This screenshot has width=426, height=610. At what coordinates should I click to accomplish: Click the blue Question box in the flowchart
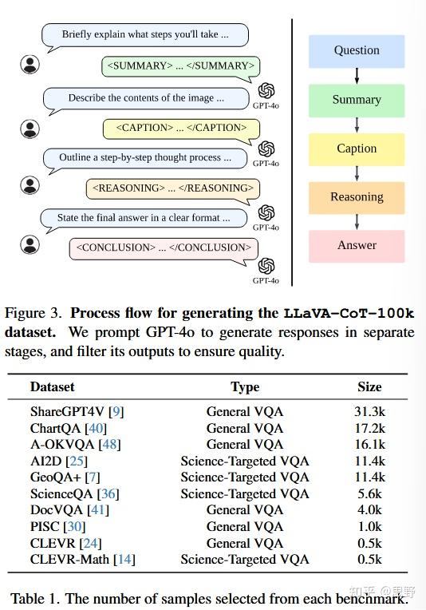[x=357, y=51]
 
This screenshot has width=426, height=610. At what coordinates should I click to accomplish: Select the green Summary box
[x=357, y=100]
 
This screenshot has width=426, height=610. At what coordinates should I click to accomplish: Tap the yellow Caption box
[x=357, y=149]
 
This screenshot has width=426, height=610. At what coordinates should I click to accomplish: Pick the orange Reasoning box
[x=357, y=197]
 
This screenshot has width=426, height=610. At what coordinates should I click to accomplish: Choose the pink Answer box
[x=357, y=246]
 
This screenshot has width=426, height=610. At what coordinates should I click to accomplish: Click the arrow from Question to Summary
[x=357, y=76]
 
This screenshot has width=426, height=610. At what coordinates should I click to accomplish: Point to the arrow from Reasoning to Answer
[x=357, y=222]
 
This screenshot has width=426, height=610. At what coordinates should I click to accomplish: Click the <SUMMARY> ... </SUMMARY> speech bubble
[x=181, y=65]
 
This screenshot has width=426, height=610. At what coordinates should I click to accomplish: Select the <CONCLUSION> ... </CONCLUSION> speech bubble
[x=164, y=248]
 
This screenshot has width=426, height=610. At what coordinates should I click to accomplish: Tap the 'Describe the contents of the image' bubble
[x=146, y=98]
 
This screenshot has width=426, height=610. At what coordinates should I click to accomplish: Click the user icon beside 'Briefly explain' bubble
[x=30, y=63]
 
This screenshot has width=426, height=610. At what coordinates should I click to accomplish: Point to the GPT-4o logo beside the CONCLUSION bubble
[x=266, y=266]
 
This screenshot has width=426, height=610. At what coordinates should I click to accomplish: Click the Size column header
[x=369, y=386]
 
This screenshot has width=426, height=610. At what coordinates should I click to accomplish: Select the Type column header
[x=245, y=386]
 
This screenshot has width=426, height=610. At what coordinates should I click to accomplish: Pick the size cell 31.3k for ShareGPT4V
[x=369, y=412]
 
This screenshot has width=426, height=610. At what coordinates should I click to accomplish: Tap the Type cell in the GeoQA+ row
[x=245, y=477]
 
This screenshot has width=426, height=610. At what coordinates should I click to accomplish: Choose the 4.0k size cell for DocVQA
[x=369, y=510]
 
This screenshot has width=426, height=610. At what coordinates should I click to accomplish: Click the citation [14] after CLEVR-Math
[x=124, y=560]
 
